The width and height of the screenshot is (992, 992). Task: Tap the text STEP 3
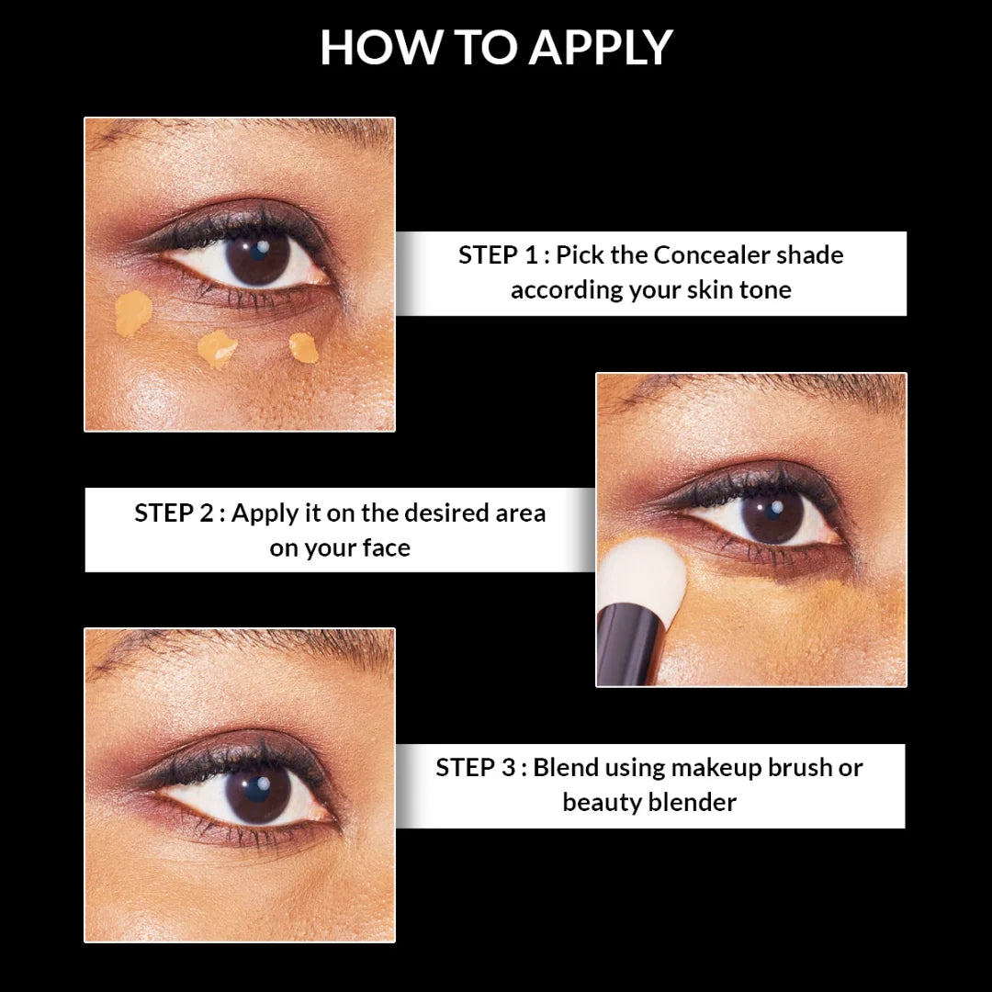(476, 767)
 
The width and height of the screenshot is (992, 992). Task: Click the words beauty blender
(649, 802)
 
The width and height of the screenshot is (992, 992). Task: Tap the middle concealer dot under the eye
(218, 348)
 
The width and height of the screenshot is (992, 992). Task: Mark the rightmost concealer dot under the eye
(302, 346)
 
